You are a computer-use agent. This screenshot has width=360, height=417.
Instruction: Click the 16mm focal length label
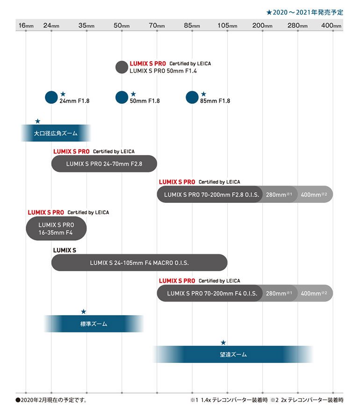click(x=26, y=25)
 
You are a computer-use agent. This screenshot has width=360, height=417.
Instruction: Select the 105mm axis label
click(x=227, y=25)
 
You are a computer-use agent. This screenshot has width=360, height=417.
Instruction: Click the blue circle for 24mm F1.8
click(x=51, y=97)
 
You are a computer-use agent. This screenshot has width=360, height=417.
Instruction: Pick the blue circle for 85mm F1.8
click(x=192, y=97)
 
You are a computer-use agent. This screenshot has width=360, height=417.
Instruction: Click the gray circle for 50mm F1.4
click(x=122, y=67)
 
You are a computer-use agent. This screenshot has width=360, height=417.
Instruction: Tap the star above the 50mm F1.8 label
click(x=133, y=94)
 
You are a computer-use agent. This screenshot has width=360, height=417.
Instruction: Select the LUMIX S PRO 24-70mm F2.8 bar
click(x=104, y=164)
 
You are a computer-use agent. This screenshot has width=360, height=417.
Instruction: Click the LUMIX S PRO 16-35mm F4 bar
click(x=56, y=229)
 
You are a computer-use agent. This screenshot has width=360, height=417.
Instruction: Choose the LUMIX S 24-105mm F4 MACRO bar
click(x=139, y=263)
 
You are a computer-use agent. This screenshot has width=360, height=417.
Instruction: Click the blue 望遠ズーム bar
click(x=233, y=354)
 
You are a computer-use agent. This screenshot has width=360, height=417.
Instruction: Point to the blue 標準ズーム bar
click(x=94, y=324)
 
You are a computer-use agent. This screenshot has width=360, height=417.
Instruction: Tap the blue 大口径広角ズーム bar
click(x=56, y=133)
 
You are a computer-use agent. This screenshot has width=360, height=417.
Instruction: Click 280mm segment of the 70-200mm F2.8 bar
click(x=279, y=194)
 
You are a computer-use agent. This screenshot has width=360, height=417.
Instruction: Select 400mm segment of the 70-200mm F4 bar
click(x=314, y=294)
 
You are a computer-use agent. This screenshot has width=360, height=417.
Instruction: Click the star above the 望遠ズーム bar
click(x=223, y=343)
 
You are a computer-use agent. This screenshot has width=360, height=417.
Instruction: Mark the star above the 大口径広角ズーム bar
click(x=37, y=122)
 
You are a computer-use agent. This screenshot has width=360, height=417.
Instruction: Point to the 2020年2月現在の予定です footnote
click(x=51, y=400)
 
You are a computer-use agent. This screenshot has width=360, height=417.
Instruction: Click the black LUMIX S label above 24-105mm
click(x=65, y=250)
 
